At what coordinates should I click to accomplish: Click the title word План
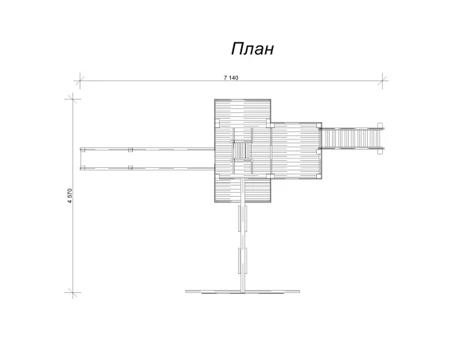(252, 49)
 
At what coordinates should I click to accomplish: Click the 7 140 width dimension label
(231, 78)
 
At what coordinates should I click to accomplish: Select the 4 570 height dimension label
(70, 196)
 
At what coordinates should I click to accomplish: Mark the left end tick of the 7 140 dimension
(80, 80)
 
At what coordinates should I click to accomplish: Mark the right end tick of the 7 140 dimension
(382, 80)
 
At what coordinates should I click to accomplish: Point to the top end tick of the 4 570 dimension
(72, 99)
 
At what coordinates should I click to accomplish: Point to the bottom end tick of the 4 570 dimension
(72, 293)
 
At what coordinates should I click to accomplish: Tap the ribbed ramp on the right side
(351, 139)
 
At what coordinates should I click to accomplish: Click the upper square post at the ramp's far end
(380, 125)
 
